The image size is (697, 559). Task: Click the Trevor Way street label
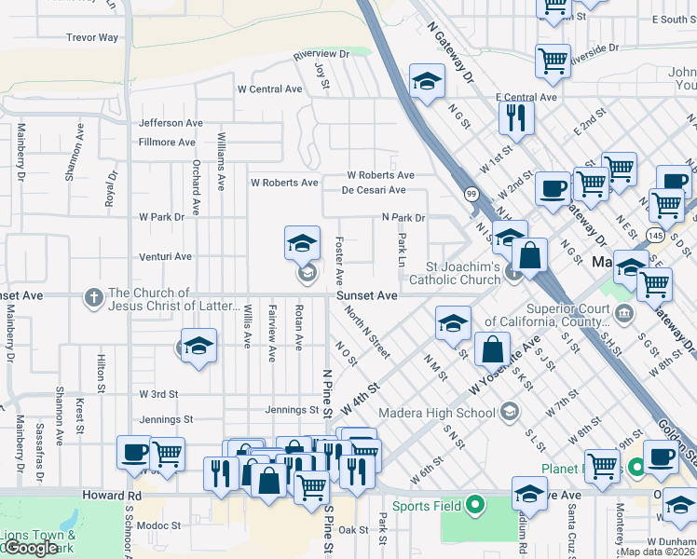coord(92,38)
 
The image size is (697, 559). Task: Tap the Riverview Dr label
coord(320,55)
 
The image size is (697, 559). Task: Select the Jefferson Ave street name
coord(171,123)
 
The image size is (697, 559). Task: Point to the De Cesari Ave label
coord(374,190)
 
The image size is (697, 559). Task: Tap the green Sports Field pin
coord(475,506)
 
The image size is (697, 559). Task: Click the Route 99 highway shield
coord(472,193)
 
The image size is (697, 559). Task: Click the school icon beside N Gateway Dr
coord(427,82)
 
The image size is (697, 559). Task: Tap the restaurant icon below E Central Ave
coord(513,117)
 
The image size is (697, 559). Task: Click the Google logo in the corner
coord(30,548)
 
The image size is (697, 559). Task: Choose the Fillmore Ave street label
coord(167,143)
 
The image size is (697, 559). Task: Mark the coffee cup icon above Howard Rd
coord(133,454)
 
